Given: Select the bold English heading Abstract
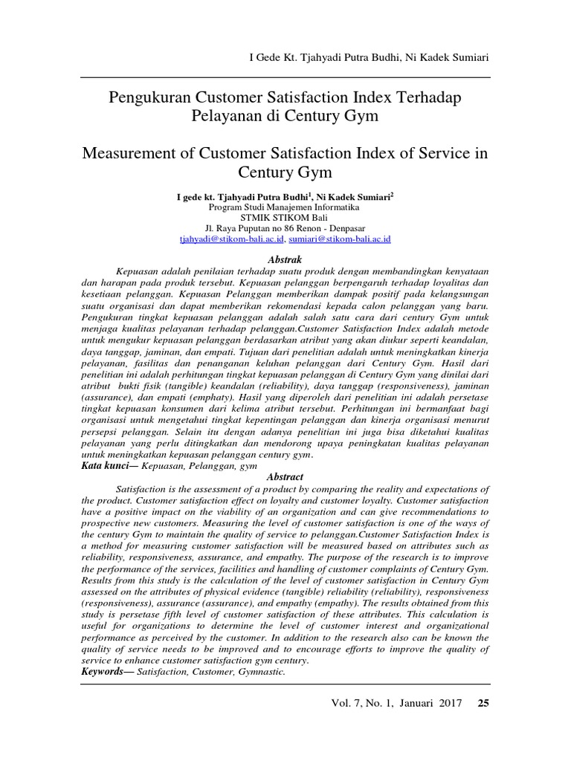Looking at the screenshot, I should pos(285,477).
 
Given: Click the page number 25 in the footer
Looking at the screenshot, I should pos(483,702).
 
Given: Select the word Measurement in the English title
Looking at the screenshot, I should pos(131,154).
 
